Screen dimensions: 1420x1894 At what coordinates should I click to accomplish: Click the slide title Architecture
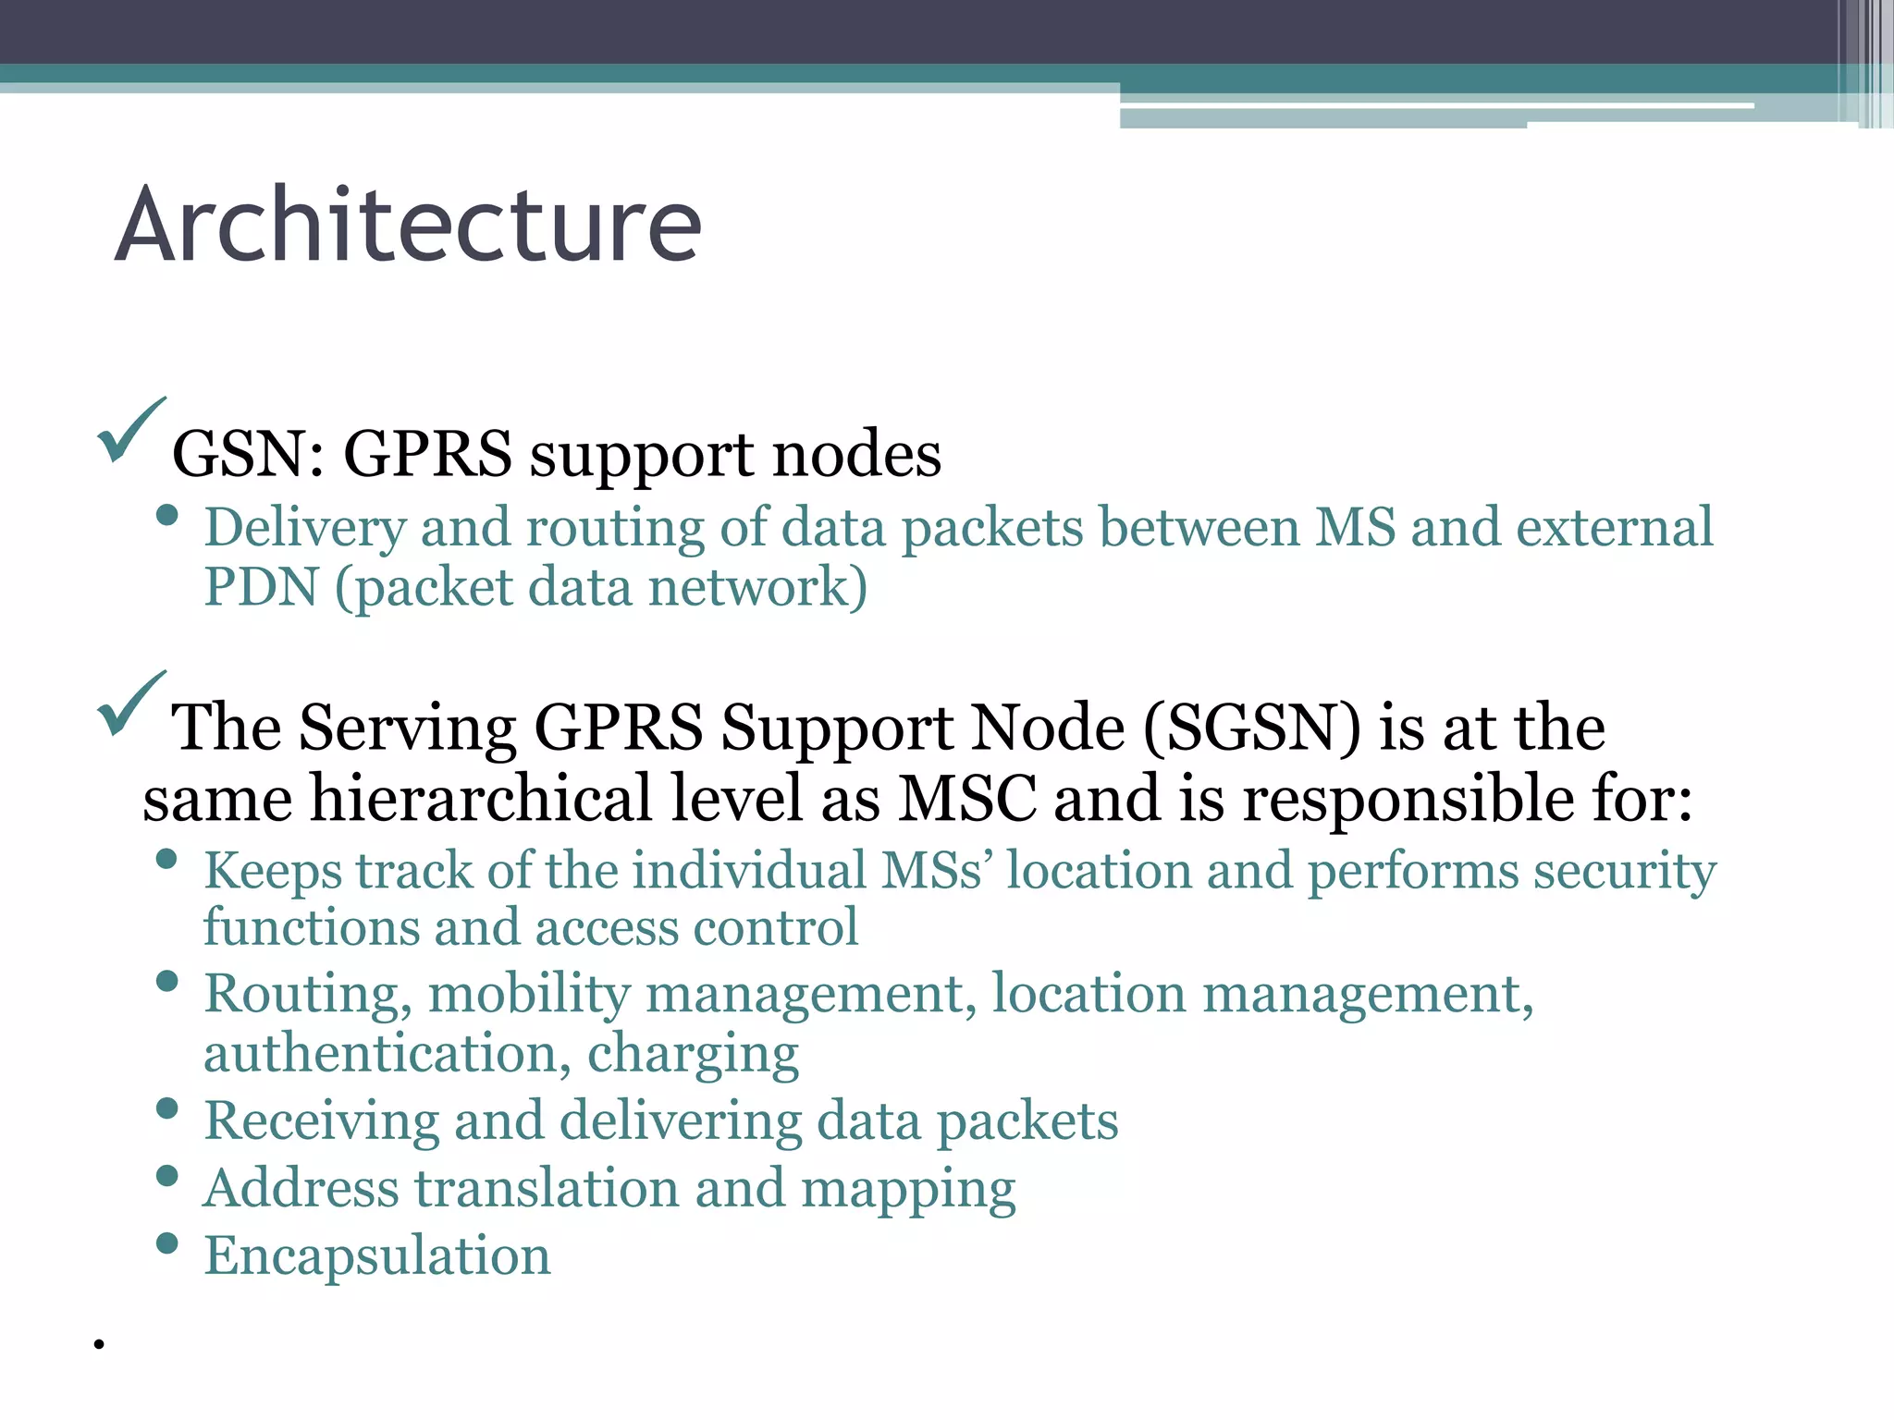click(408, 225)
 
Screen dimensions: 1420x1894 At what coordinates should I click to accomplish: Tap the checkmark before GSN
click(130, 430)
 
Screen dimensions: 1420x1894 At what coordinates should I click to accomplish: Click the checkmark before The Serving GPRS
click(130, 704)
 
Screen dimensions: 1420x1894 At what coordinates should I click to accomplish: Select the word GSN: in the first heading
click(249, 454)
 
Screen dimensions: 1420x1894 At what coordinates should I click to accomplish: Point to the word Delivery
click(304, 528)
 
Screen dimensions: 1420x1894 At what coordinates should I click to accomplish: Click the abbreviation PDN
click(261, 587)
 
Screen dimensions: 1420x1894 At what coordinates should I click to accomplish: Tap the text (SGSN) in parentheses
click(1252, 728)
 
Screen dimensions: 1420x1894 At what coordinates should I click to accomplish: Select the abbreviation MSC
click(967, 798)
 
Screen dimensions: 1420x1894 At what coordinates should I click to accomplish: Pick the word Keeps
click(272, 871)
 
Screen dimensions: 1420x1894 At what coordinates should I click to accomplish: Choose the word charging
click(693, 1055)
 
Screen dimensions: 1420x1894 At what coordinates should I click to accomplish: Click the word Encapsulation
click(377, 1255)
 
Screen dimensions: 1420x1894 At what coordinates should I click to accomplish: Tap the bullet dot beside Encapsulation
click(167, 1243)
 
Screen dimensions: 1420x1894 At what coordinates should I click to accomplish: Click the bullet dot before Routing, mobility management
click(167, 981)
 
